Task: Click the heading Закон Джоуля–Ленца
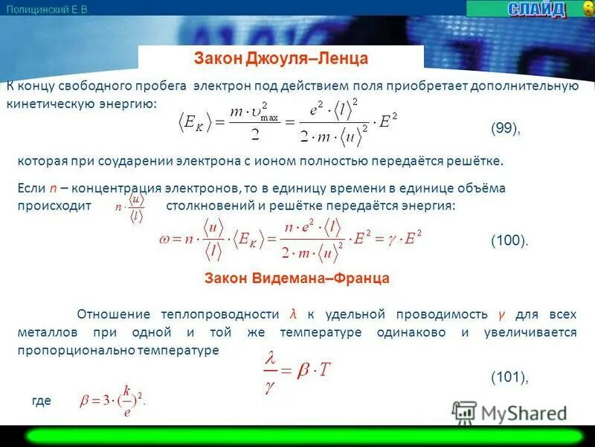click(281, 58)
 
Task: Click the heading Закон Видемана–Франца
click(297, 278)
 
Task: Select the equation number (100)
click(509, 240)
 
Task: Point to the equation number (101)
click(509, 378)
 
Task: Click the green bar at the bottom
click(297, 436)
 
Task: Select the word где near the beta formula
click(42, 401)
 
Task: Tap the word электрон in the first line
click(220, 86)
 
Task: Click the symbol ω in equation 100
click(165, 240)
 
